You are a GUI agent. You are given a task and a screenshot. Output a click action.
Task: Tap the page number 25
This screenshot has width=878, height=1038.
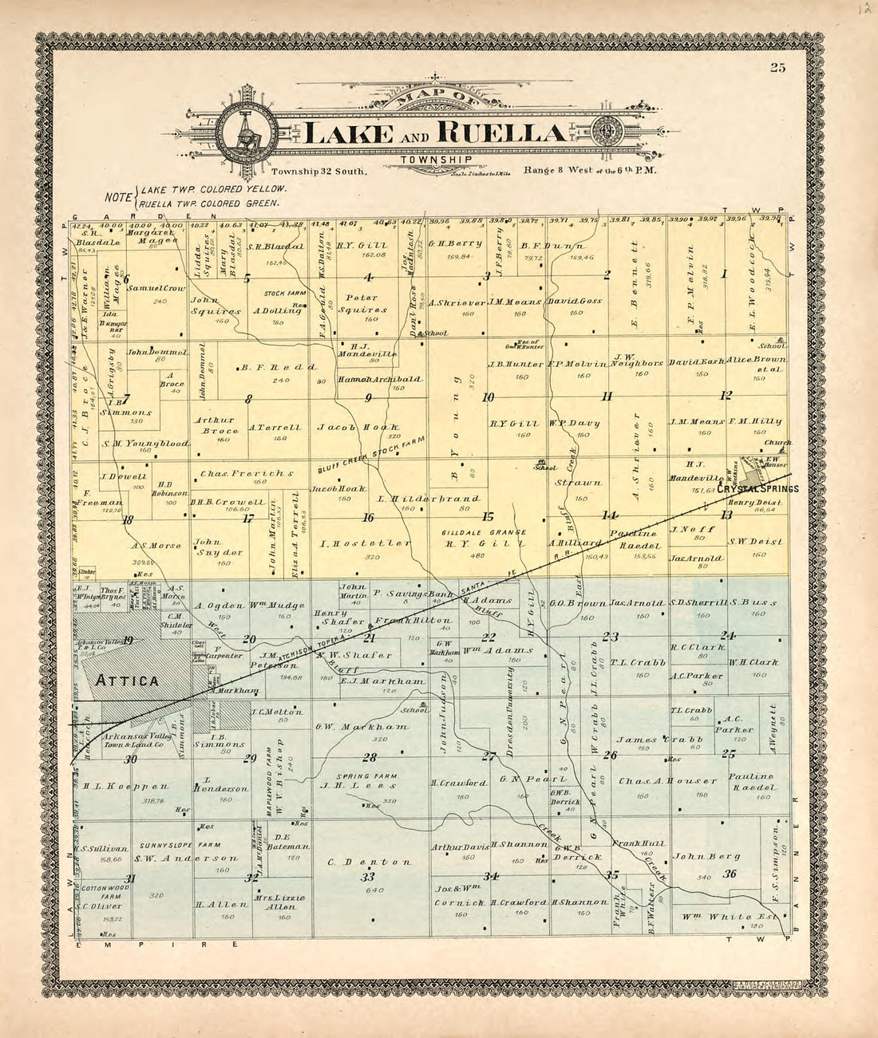(778, 68)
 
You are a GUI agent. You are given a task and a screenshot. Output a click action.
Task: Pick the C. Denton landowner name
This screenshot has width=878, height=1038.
(369, 862)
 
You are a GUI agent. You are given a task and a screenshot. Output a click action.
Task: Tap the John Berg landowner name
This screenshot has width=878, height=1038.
(697, 857)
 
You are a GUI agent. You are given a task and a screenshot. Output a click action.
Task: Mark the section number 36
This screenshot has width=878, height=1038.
(729, 873)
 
